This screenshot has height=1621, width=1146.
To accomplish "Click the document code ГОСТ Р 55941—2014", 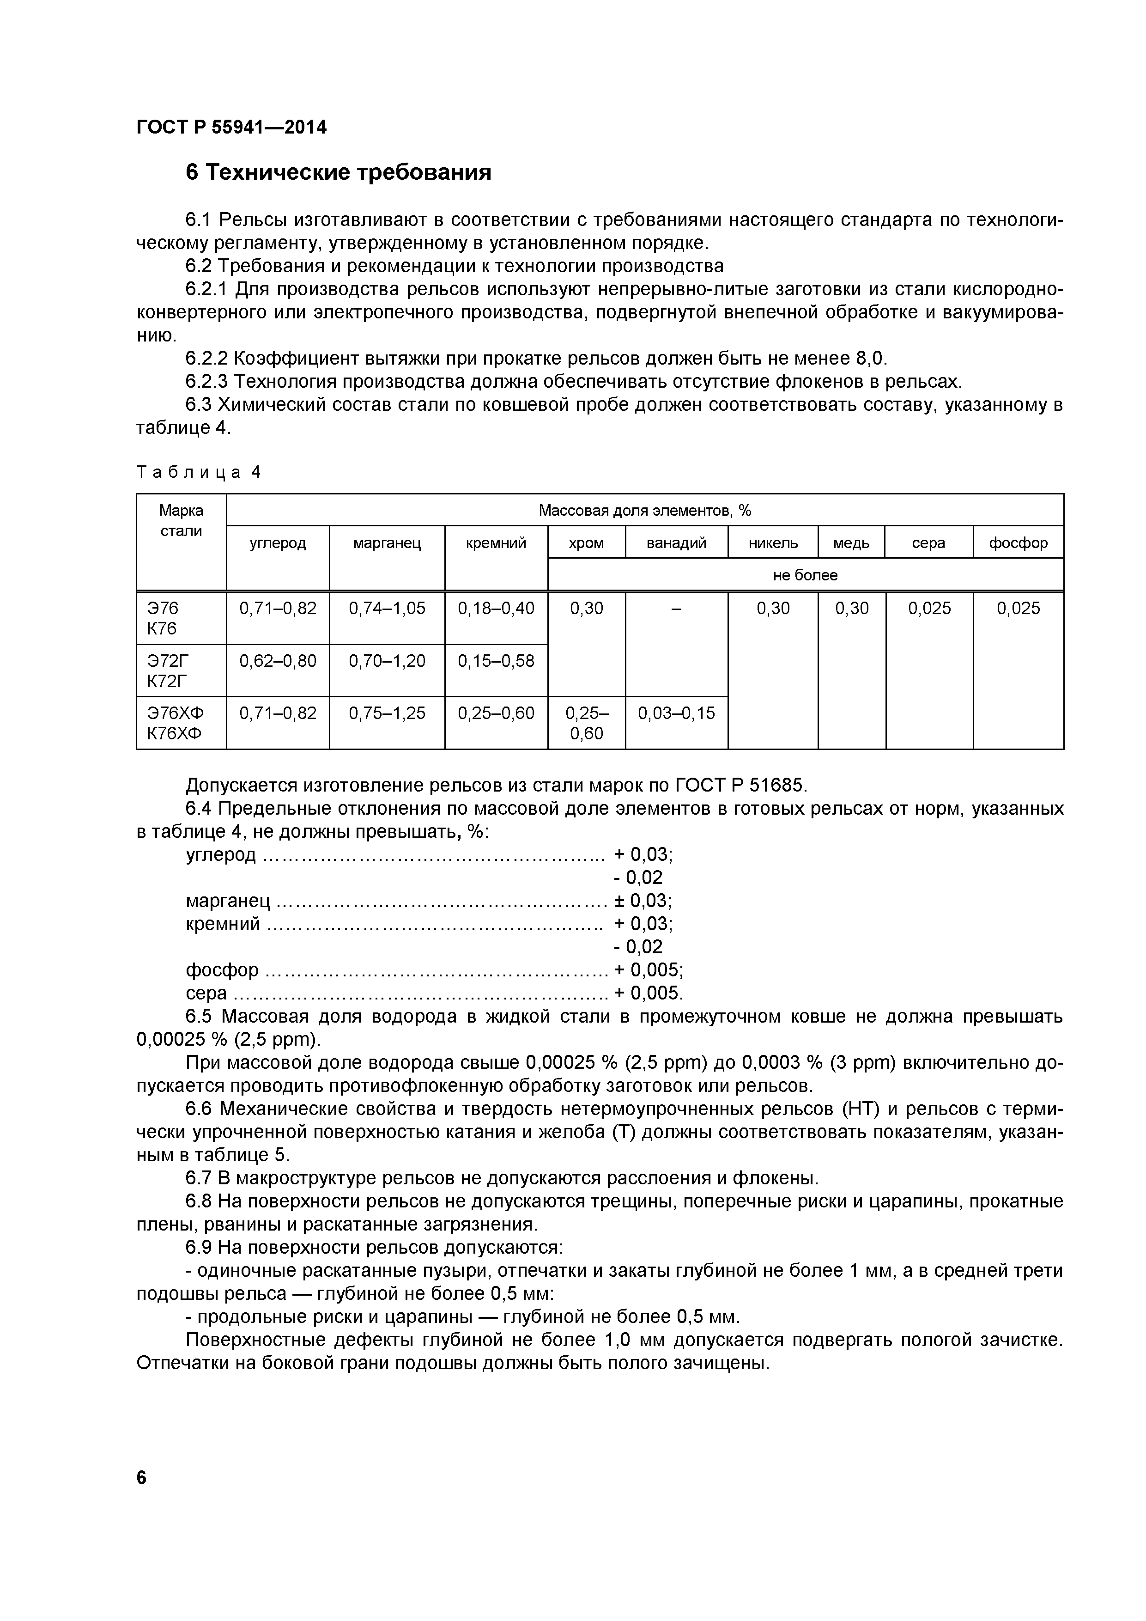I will (231, 128).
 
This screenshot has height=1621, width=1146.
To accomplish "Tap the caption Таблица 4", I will (198, 472).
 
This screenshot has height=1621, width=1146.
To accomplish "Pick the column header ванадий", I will (676, 543).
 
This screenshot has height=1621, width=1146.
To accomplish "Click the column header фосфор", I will (1018, 543).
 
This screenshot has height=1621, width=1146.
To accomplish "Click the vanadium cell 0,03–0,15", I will (676, 713).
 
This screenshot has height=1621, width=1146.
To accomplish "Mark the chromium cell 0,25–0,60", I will (586, 723).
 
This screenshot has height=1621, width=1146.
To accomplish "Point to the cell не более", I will (805, 575).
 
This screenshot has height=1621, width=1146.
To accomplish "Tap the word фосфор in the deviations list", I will (222, 970).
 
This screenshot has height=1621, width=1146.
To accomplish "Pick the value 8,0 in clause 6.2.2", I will (870, 359).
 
